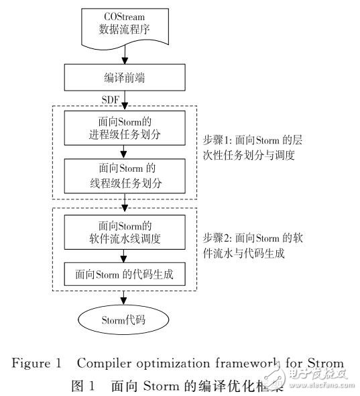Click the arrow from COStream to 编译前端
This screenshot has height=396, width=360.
(123, 57)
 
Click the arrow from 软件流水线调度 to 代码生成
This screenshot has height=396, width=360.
(123, 256)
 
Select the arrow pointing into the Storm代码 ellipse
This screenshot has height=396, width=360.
(123, 299)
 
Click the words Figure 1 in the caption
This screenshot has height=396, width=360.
(36, 363)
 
